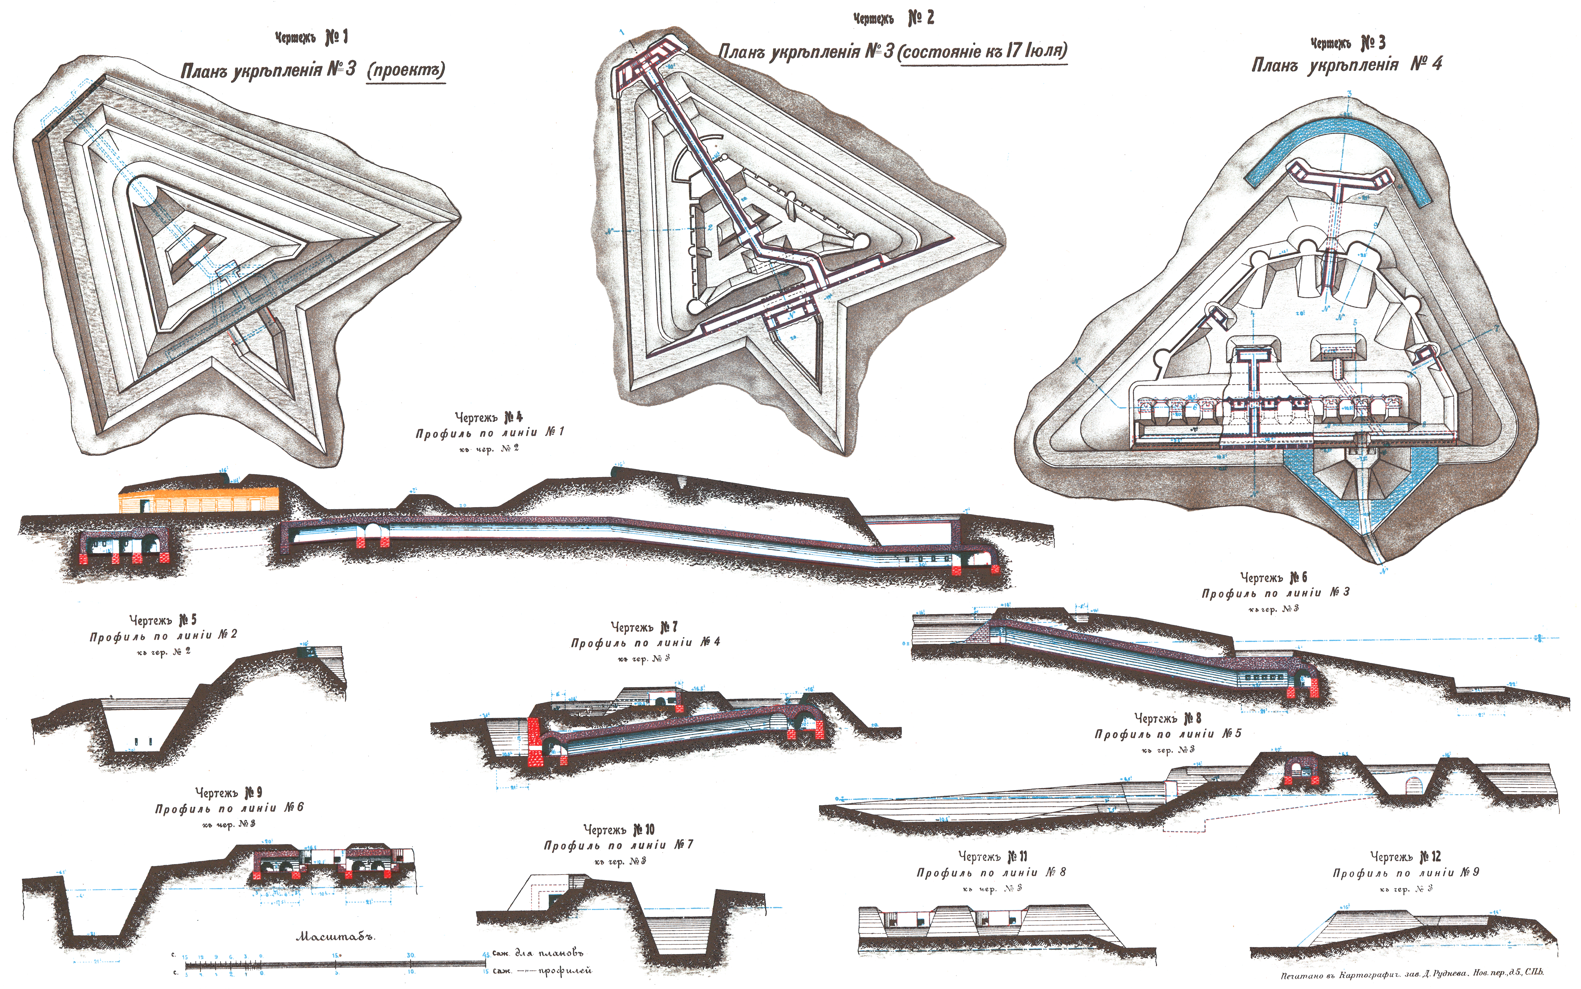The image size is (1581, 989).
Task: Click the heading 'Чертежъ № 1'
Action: pyautogui.click(x=312, y=38)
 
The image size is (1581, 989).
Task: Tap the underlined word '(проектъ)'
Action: pyautogui.click(x=406, y=70)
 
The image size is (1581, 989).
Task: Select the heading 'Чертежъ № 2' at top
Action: pyautogui.click(x=893, y=19)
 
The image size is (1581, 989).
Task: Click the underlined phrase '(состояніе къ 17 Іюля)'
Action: pyautogui.click(x=983, y=51)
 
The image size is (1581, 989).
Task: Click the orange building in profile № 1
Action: pyautogui.click(x=198, y=499)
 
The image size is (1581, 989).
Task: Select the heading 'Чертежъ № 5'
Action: pyautogui.click(x=163, y=619)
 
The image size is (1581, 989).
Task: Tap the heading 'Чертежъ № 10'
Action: pyautogui.click(x=618, y=829)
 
